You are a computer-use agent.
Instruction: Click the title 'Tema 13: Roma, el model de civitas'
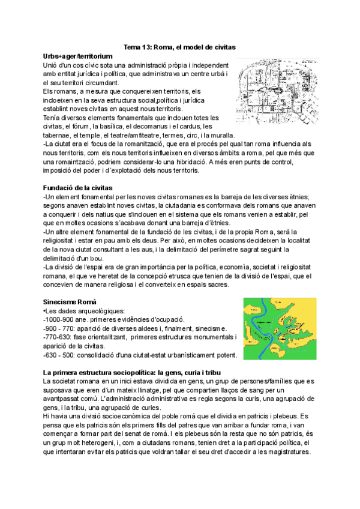click(x=179, y=47)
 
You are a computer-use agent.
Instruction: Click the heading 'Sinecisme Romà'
click(x=68, y=301)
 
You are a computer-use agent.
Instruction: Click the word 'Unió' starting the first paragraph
click(x=52, y=64)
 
